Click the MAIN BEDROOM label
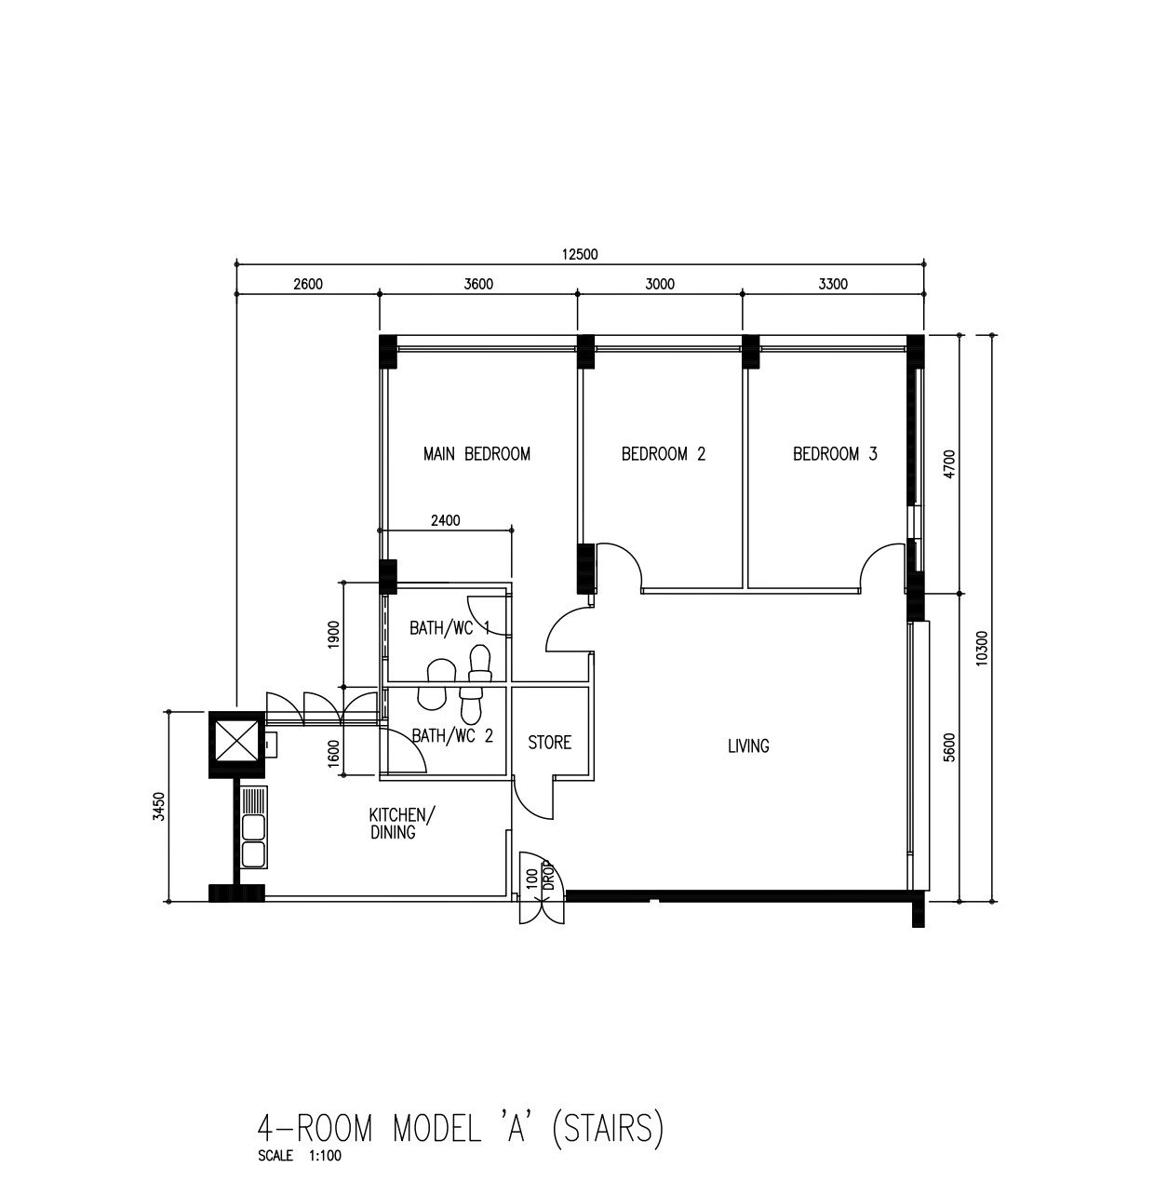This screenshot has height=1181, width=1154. point(476,454)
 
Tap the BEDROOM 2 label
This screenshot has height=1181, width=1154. point(664,454)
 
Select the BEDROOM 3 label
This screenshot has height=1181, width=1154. point(836,454)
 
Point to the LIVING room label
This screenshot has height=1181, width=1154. point(749,745)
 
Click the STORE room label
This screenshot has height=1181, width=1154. point(550,743)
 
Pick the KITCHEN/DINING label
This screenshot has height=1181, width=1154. point(401,823)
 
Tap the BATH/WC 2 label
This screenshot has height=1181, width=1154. point(452,736)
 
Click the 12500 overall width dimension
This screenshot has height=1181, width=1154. point(580,254)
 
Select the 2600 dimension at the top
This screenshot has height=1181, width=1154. point(308,284)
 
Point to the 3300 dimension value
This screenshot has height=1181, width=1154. point(833,284)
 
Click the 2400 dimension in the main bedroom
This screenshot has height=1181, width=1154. point(446,520)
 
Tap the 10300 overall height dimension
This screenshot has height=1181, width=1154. point(982,648)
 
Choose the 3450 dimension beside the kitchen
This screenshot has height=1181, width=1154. point(159,807)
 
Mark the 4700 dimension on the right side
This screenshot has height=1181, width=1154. point(949,463)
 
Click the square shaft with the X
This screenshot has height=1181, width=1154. point(236,745)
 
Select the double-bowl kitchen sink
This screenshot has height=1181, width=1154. point(254,827)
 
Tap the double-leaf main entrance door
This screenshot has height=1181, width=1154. point(542,891)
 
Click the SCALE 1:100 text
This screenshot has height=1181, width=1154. point(300,1156)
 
